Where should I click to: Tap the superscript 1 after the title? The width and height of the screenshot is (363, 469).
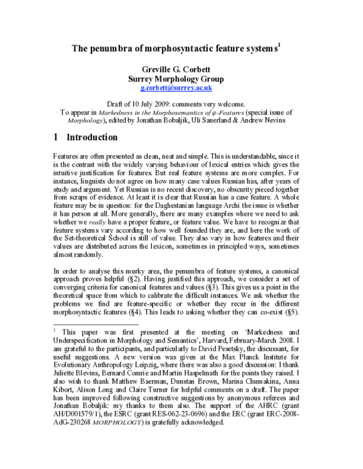pos(277,44)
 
